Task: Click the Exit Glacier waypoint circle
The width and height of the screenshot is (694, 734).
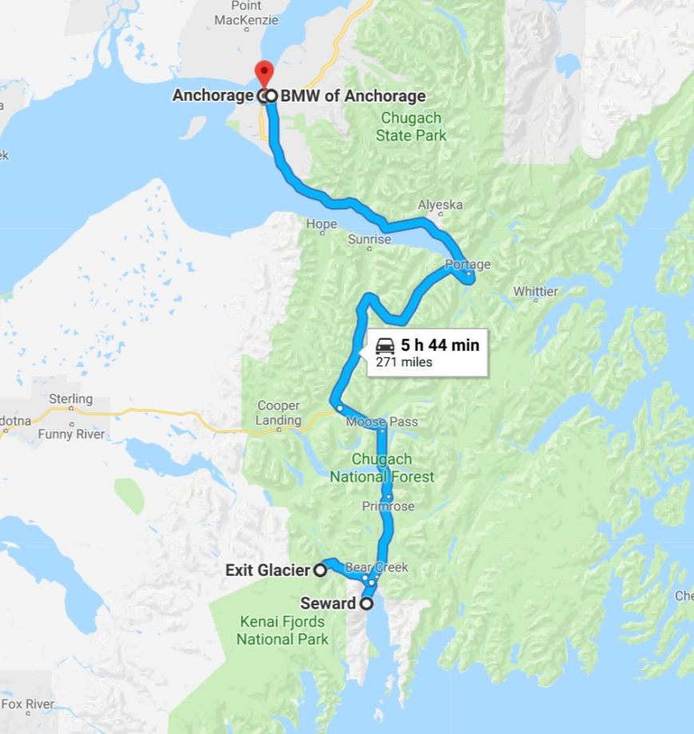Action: (x=319, y=570)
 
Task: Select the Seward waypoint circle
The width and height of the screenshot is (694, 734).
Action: (x=367, y=604)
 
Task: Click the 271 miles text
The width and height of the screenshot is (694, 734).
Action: (x=404, y=362)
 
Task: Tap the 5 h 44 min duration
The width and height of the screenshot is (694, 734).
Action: (x=440, y=345)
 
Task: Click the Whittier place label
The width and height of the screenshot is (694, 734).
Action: (x=535, y=292)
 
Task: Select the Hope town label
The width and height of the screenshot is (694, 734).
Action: (x=322, y=225)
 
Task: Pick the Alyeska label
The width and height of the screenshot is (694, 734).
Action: (x=440, y=205)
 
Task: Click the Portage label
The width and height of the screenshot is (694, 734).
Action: (x=468, y=265)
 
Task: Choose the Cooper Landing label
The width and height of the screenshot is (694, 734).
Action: (x=279, y=413)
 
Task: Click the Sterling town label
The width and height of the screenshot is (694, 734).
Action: (x=71, y=398)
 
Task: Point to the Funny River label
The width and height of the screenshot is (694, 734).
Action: (x=71, y=434)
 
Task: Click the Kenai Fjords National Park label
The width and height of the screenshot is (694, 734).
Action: (x=283, y=630)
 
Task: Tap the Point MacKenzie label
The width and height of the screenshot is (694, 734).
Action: (x=246, y=13)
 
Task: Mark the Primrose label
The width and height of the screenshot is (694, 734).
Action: (x=388, y=506)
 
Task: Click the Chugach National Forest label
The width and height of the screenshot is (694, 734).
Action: (x=383, y=469)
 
